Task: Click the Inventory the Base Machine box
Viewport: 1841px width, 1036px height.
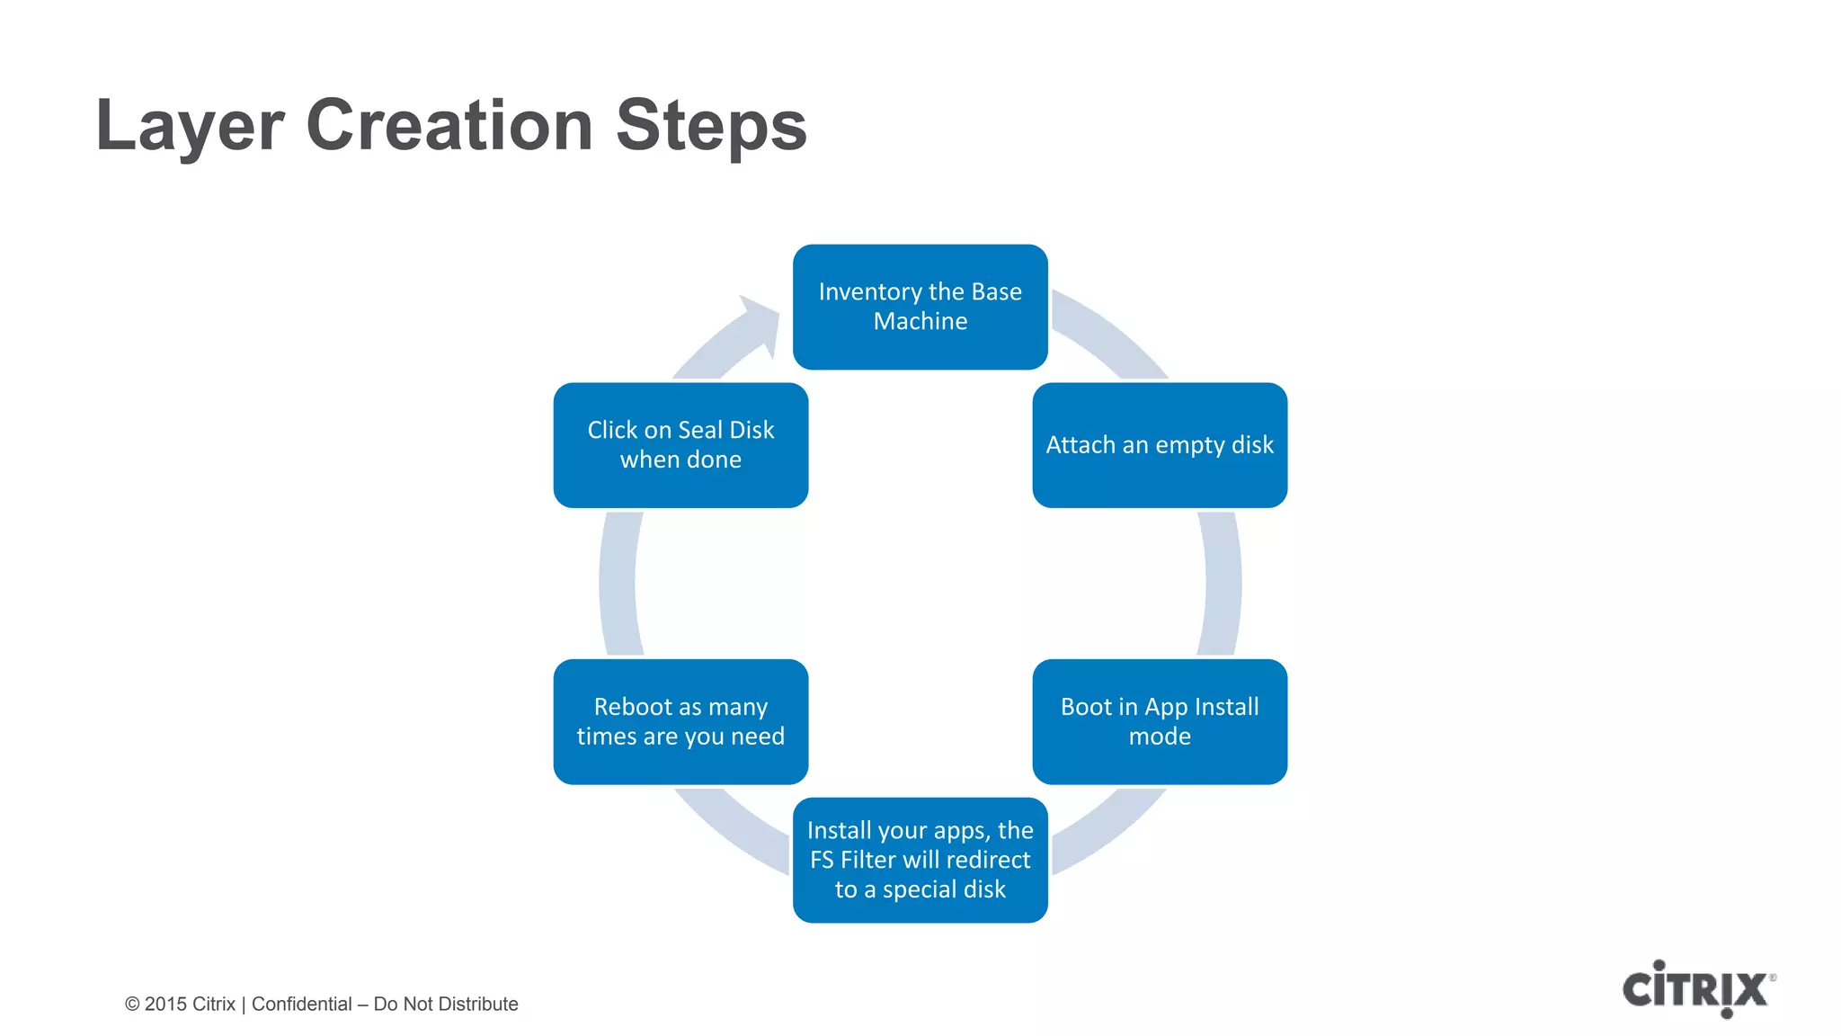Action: pos(920,307)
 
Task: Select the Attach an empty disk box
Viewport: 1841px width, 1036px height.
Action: pos(1159,445)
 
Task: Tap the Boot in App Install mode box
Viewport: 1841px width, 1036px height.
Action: pos(1159,721)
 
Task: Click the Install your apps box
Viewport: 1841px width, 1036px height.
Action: pos(920,860)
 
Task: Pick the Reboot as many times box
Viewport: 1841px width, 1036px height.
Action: pos(680,721)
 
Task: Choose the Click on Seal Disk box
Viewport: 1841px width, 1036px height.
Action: pos(680,445)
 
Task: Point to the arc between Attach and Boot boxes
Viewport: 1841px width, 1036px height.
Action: pos(1222,583)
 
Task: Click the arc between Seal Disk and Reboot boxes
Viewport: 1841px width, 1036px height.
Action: pos(618,583)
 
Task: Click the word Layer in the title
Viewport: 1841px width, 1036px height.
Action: pos(190,126)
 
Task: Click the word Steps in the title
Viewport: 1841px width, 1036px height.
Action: pos(711,126)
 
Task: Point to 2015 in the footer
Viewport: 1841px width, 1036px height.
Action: pos(165,1005)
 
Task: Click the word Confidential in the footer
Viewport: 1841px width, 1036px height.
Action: pos(301,1005)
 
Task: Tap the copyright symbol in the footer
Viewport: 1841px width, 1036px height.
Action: pos(132,1005)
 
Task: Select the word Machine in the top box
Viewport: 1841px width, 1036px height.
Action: pos(920,322)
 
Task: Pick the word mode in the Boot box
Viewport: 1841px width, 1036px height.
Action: pos(1159,737)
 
